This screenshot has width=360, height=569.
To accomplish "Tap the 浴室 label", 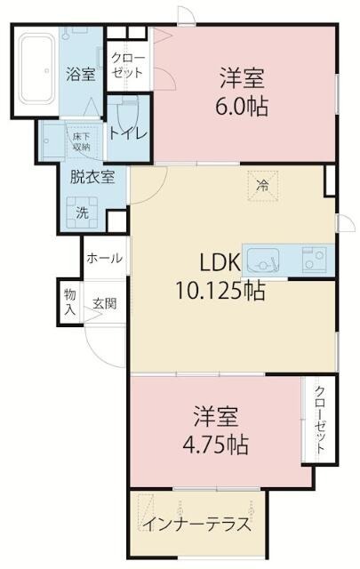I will tap(81, 75).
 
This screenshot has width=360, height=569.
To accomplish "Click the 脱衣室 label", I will tap(92, 176).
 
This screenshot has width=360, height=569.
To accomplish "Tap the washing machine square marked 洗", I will tap(82, 212).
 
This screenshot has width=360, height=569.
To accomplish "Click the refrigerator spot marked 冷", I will tap(261, 185).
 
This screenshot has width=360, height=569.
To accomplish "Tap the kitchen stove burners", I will tap(314, 260).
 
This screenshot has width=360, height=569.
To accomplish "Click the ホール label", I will tap(105, 258).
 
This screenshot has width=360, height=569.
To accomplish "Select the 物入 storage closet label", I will tap(70, 302).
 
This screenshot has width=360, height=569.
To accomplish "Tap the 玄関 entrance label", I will tap(104, 303).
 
